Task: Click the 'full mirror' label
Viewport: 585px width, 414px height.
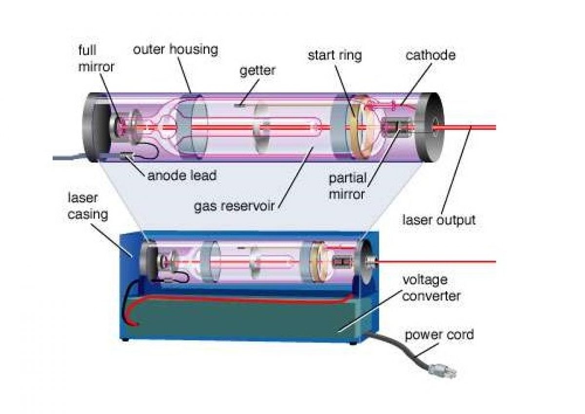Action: coord(97,58)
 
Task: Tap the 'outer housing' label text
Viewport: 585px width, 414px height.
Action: coord(175,49)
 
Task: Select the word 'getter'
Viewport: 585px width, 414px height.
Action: coord(257,71)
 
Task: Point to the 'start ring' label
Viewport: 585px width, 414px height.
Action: coord(334,55)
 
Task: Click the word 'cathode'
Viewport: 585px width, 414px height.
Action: coord(430,55)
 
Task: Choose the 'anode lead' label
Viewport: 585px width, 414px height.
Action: coord(181,175)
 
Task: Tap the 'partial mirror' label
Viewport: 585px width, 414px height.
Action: coord(347,186)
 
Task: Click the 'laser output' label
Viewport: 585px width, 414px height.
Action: coord(438,220)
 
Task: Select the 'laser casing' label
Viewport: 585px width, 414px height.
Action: coord(88,206)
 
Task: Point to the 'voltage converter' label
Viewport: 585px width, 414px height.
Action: coord(431,288)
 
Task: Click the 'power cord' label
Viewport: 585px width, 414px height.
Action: coord(439,335)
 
